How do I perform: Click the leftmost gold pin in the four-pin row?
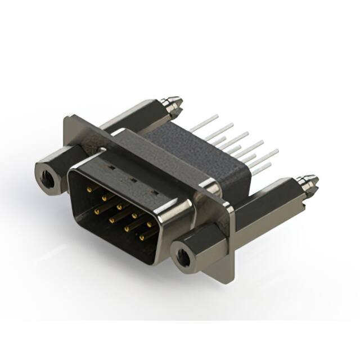[98, 212]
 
